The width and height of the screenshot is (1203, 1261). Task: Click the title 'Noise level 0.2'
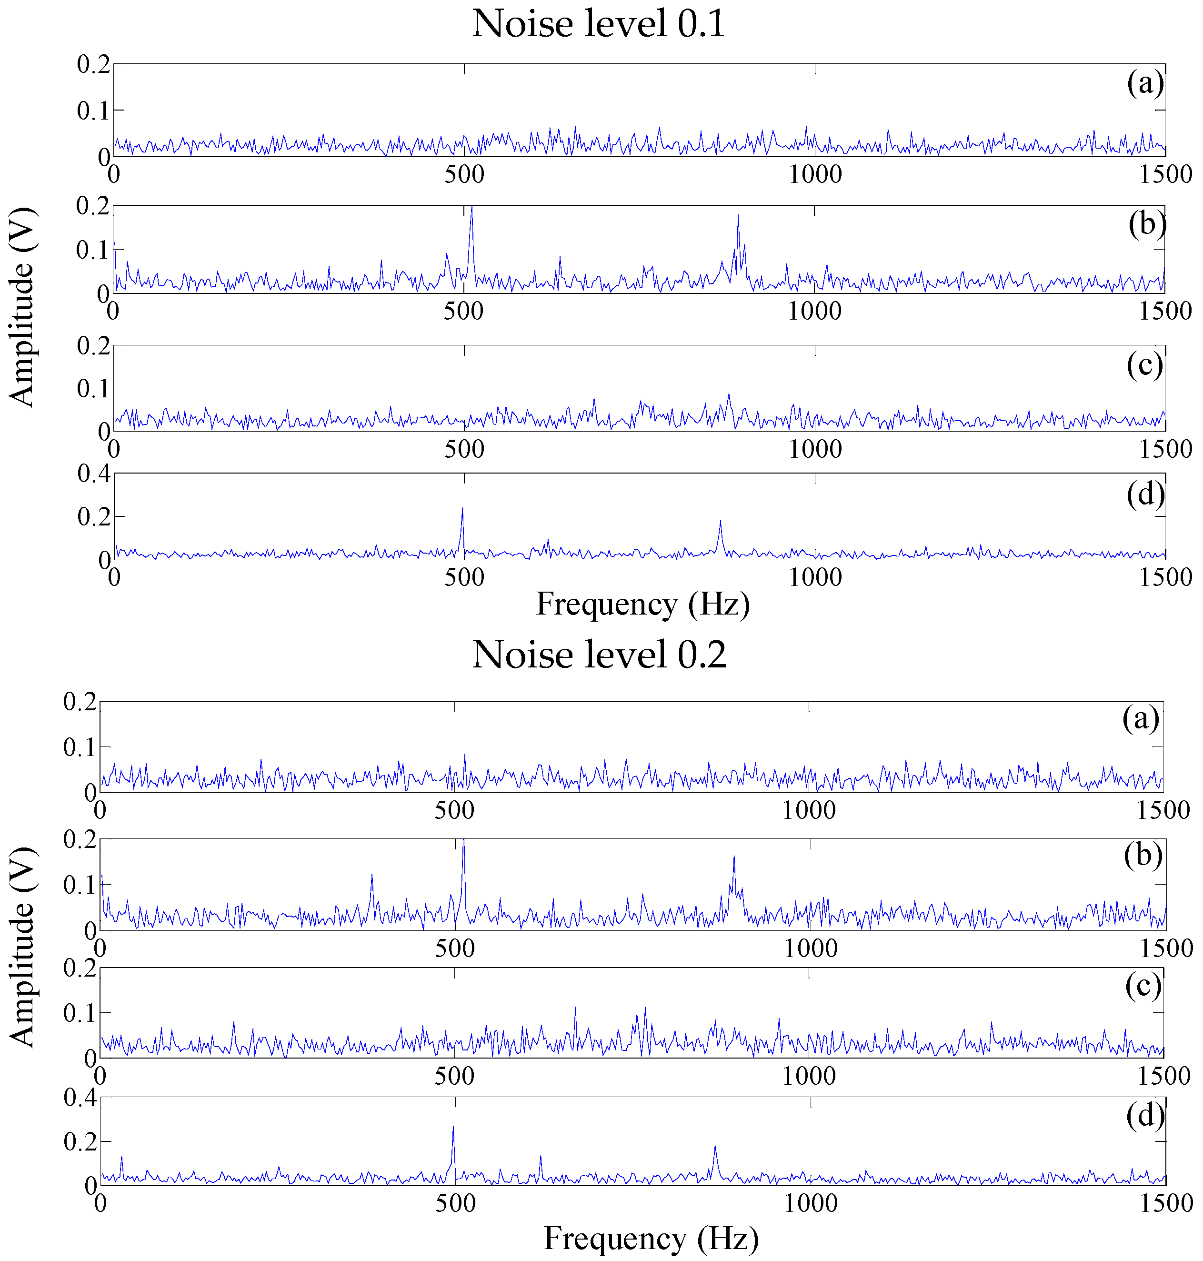(x=599, y=656)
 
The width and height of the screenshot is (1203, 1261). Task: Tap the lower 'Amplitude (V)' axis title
(x=22, y=947)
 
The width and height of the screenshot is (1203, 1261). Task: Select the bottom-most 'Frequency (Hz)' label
(x=651, y=1239)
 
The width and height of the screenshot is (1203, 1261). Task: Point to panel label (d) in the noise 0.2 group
(x=1144, y=1116)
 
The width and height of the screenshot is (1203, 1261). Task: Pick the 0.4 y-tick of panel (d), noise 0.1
(x=94, y=474)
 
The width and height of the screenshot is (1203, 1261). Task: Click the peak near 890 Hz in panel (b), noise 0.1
(x=738, y=217)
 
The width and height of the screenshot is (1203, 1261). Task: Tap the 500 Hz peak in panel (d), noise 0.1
(x=462, y=509)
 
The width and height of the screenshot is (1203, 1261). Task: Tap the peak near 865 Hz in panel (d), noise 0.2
(x=714, y=1147)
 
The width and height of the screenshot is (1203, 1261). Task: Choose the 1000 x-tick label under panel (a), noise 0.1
(x=814, y=174)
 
